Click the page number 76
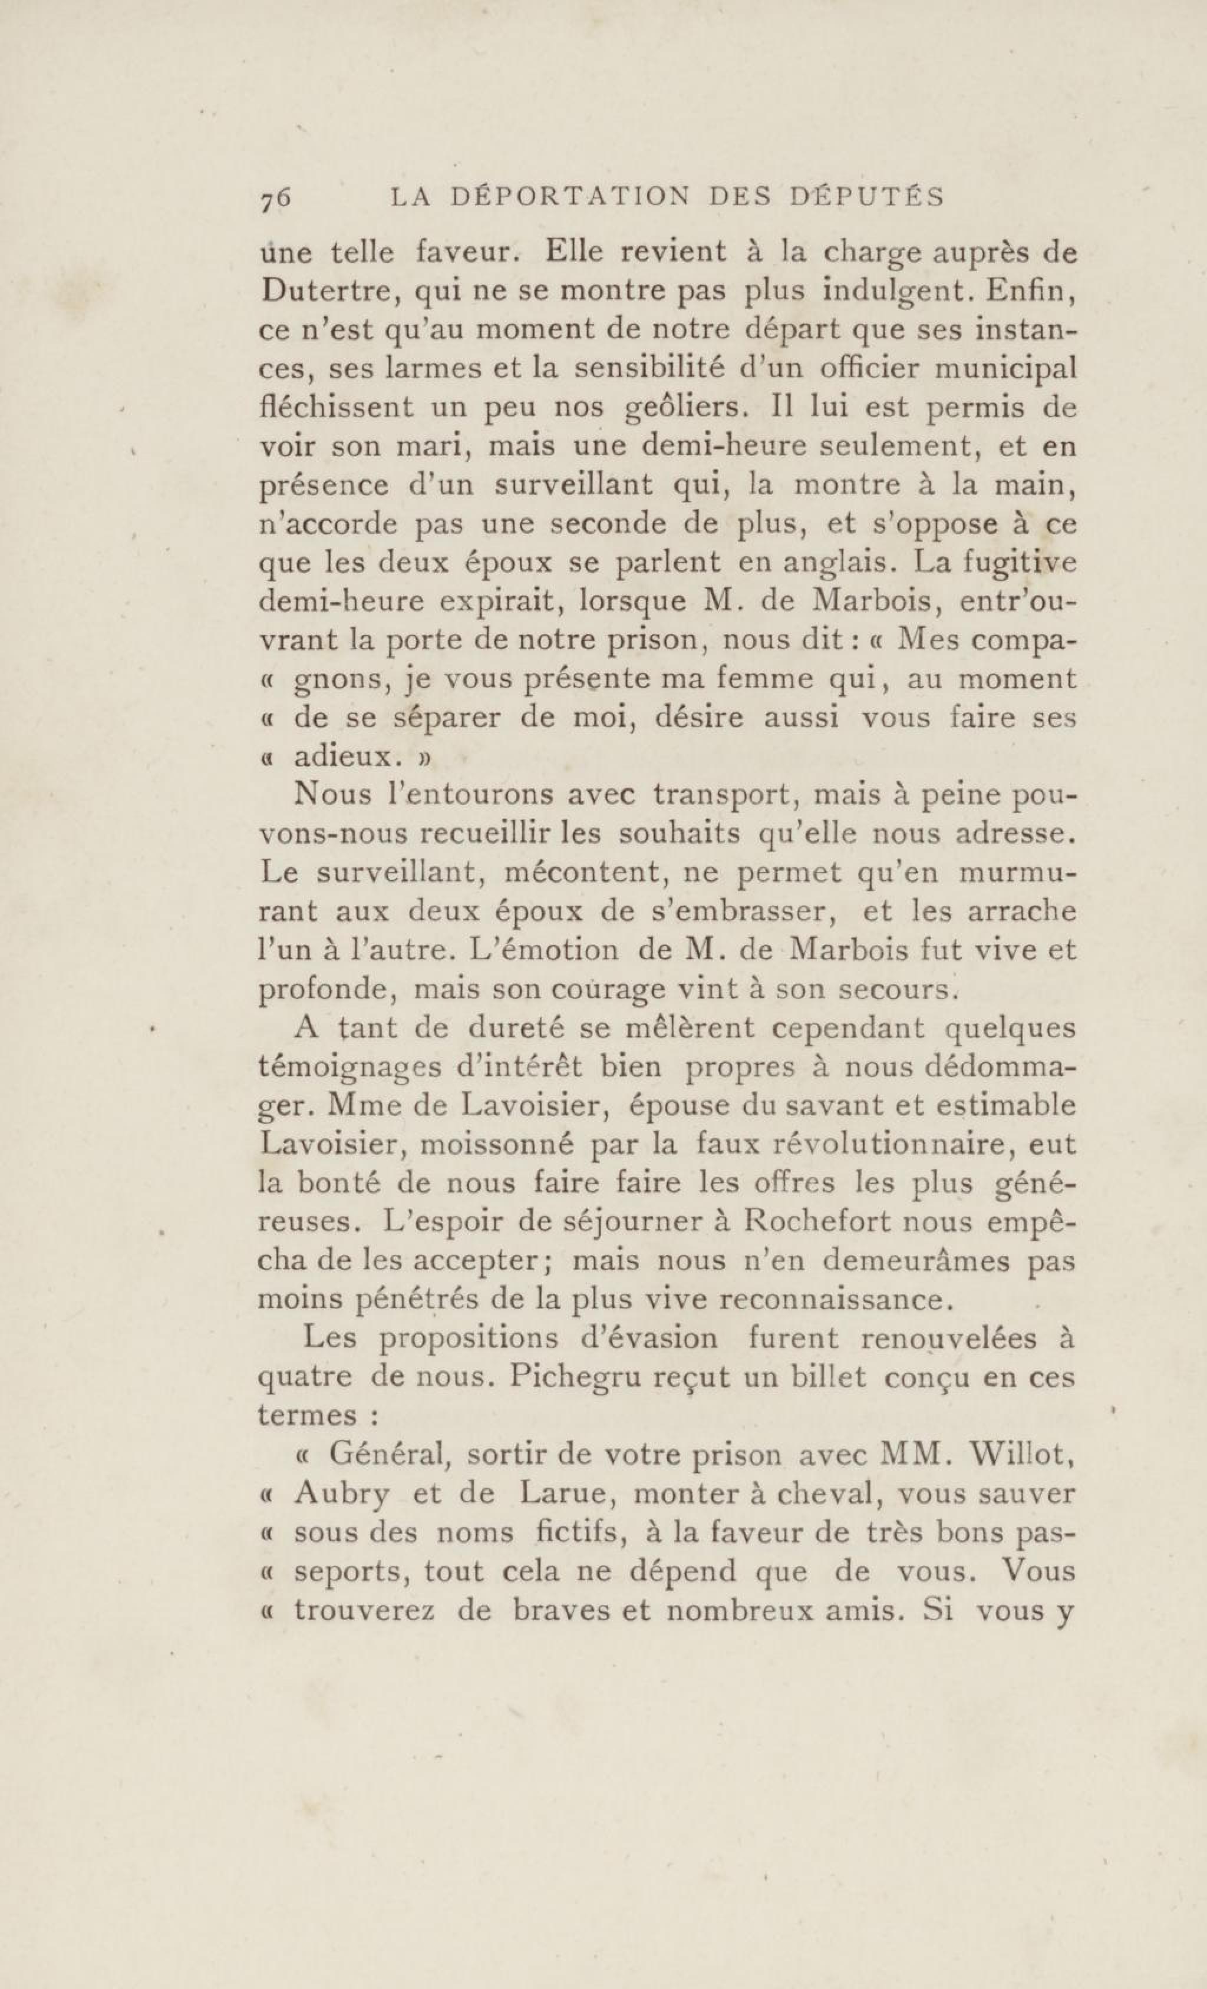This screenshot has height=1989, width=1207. (275, 199)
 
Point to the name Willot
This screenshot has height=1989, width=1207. (1020, 1455)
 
